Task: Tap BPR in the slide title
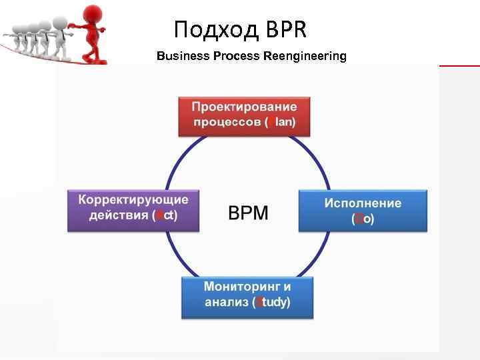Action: tap(286, 29)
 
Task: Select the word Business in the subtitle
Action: tap(183, 56)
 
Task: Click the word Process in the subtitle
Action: tap(236, 56)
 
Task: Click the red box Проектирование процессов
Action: tap(245, 115)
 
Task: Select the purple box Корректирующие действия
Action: tap(133, 209)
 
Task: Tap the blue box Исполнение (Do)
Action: tap(363, 210)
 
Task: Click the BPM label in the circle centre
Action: tap(248, 213)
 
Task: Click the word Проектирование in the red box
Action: tap(245, 107)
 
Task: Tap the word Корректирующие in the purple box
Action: tap(133, 200)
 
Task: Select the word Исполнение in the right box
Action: tap(363, 202)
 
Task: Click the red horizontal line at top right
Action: tap(460, 66)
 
